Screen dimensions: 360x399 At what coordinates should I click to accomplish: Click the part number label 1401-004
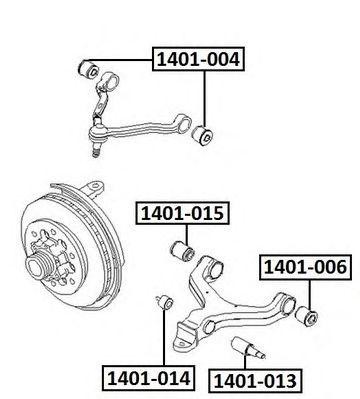[x=197, y=61]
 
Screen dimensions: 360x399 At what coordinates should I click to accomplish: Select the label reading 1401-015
[x=181, y=212]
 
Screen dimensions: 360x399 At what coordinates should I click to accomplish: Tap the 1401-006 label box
[x=304, y=267]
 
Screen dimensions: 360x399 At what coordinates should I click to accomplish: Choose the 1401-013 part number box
[x=251, y=381]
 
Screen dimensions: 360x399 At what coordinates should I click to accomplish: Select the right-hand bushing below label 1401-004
[x=206, y=133]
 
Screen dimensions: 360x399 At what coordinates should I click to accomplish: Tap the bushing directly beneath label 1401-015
[x=183, y=247]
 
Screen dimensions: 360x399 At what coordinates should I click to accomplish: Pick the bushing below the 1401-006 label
[x=309, y=317]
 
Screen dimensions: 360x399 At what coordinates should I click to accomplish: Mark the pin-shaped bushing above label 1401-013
[x=248, y=351]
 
